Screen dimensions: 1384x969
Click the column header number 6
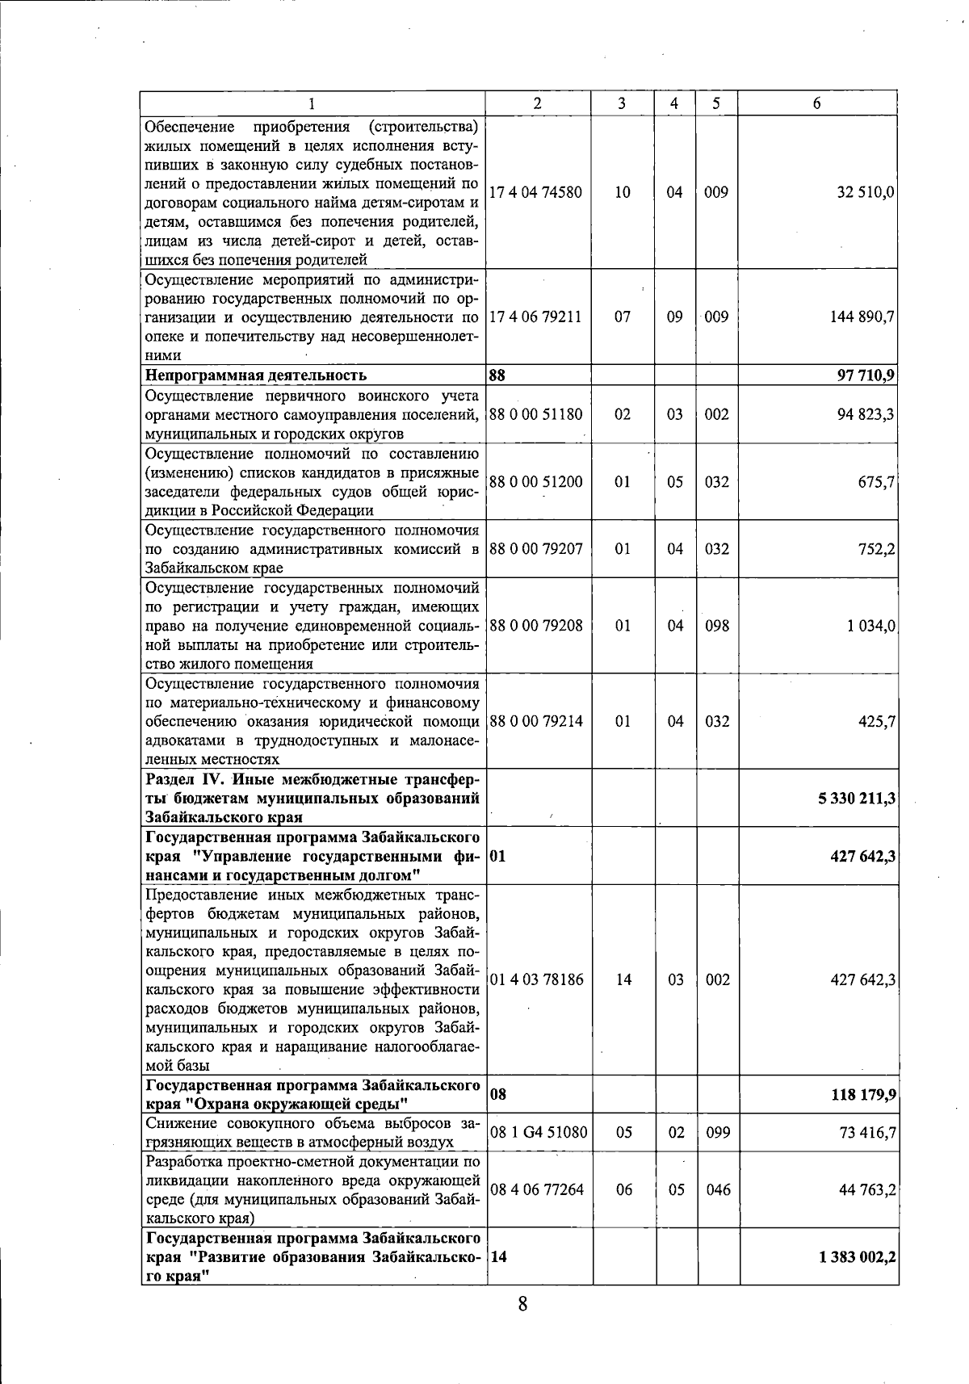coord(817,103)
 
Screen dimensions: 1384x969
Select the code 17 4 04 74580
coord(536,192)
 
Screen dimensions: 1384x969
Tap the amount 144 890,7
coord(862,317)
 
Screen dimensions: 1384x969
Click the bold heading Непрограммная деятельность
coord(255,375)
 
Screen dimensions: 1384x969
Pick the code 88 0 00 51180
coord(536,414)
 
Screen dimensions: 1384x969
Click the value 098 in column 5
coord(716,626)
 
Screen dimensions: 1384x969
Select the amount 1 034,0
coord(870,626)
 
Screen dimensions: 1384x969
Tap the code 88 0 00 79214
coord(536,721)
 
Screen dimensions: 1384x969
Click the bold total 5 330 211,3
coord(857,799)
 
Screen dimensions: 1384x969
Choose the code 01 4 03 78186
coord(536,979)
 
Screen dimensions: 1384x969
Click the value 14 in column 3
coord(623,979)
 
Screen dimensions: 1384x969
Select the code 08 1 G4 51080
coord(539,1132)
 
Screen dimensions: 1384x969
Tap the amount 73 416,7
coord(867,1133)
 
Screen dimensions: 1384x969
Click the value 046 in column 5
coord(718,1189)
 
